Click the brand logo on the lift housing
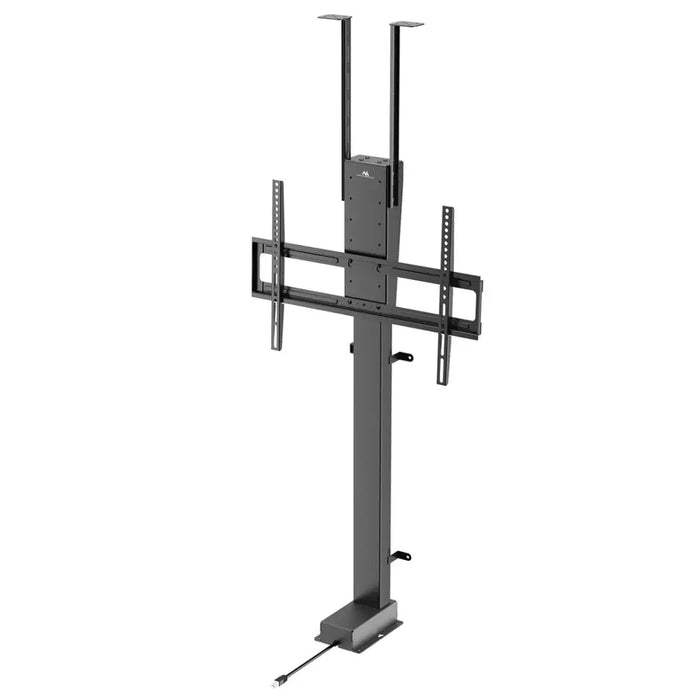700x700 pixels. (x=364, y=174)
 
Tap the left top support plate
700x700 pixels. (x=334, y=17)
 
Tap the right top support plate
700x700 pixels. (x=406, y=23)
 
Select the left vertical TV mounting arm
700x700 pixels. (x=277, y=265)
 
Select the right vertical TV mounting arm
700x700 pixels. (x=445, y=295)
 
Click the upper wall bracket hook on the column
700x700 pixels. (x=402, y=357)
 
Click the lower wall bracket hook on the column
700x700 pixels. (x=401, y=556)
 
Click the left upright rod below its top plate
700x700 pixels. (x=347, y=90)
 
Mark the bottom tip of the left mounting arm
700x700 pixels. (x=277, y=346)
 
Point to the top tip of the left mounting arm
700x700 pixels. (x=277, y=184)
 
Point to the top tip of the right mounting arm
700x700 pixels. (x=447, y=210)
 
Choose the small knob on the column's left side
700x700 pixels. (x=351, y=347)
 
